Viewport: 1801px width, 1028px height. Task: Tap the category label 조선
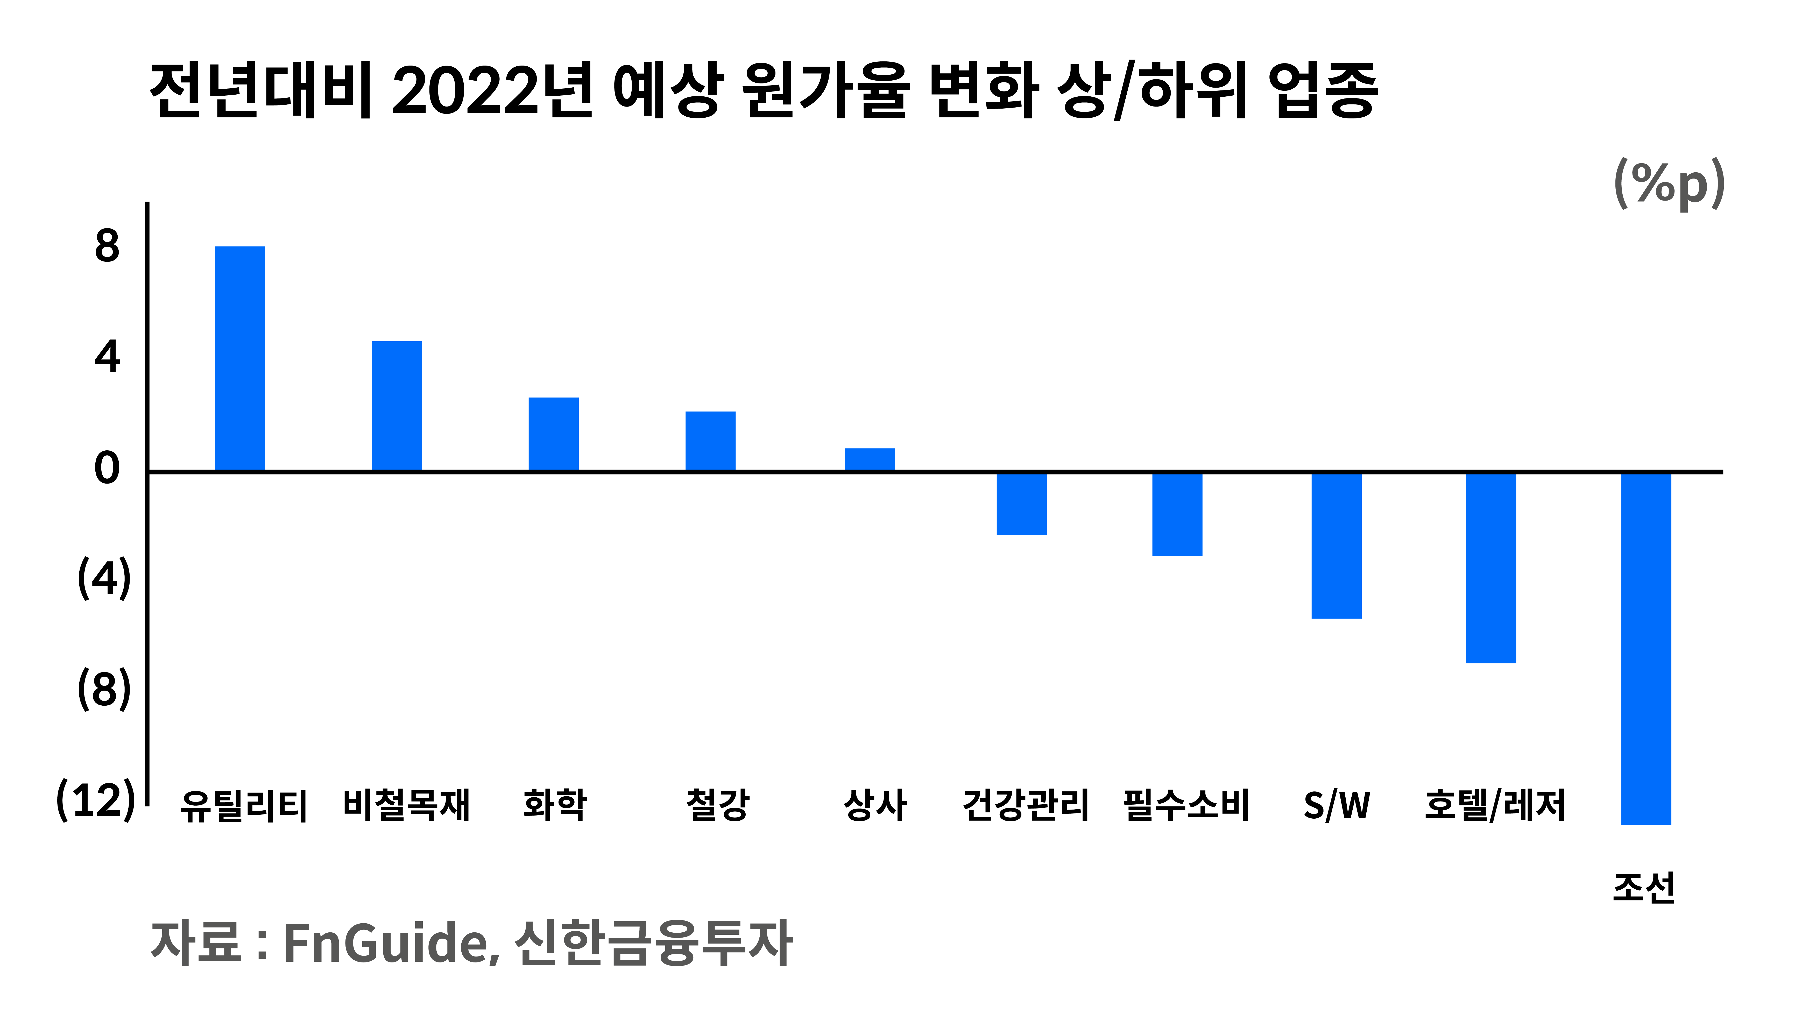coord(1644,888)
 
